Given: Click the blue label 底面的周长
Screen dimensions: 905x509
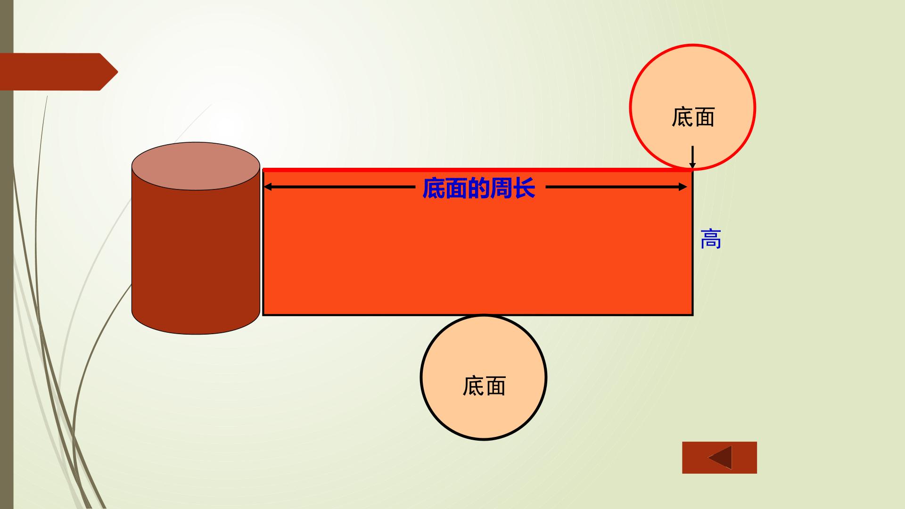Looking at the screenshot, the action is click(x=479, y=188).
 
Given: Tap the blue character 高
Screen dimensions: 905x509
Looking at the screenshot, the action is click(x=711, y=239).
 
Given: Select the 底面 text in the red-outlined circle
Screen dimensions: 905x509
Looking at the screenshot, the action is click(x=693, y=117).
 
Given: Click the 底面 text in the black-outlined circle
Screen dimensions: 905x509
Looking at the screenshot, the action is click(x=484, y=386).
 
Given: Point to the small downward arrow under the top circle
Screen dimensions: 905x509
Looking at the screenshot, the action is click(x=692, y=157).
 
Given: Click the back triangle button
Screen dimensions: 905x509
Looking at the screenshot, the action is click(x=719, y=458).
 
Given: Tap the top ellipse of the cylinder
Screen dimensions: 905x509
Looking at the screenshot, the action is click(x=196, y=166).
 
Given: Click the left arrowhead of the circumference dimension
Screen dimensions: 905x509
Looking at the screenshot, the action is click(x=268, y=187).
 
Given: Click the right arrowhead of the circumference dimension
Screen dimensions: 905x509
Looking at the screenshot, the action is click(x=683, y=187).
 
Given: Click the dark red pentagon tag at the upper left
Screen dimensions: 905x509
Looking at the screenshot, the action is click(x=59, y=72).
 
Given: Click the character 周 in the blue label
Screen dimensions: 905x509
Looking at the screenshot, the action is click(x=502, y=188).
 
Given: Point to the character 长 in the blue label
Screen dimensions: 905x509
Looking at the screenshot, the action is click(x=524, y=188).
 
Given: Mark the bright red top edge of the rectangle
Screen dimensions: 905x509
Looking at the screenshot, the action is click(x=477, y=170).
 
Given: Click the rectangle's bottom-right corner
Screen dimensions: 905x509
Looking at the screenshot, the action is click(x=692, y=314).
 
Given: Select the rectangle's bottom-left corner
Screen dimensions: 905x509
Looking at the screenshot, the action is click(x=263, y=314).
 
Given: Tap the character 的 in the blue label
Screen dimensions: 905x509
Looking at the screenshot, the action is click(x=479, y=188).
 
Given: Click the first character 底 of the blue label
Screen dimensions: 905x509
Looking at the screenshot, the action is click(x=434, y=188).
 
